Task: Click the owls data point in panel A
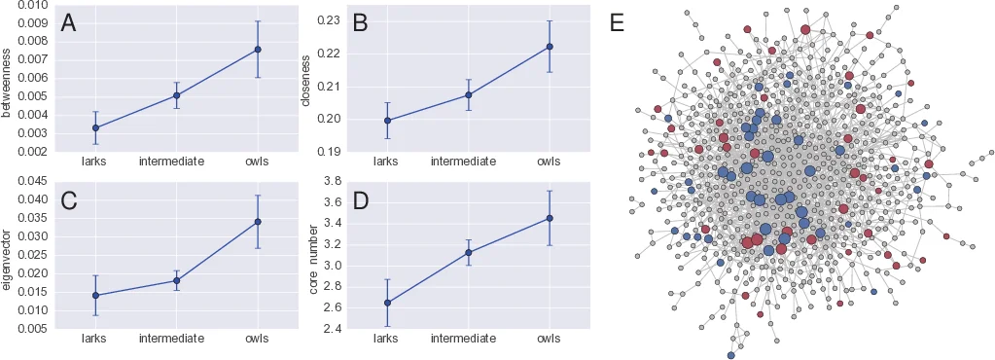[x=258, y=50]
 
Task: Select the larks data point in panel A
[x=95, y=127]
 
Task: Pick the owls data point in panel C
[x=258, y=222]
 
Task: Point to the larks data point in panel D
[x=387, y=303]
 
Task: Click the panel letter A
[x=68, y=24]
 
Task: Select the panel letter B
[x=360, y=24]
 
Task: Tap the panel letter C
[x=68, y=200]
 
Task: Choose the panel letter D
[x=360, y=200]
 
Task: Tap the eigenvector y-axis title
[x=8, y=256]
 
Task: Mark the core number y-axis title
[x=313, y=256]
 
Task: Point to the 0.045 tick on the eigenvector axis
[x=31, y=181]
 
